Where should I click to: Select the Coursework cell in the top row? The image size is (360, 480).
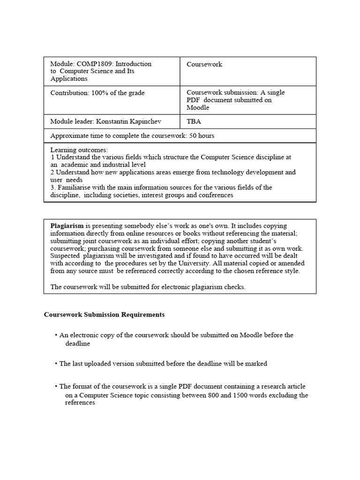click(204, 64)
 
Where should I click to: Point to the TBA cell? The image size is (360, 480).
click(194, 121)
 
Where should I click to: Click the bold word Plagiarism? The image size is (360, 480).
click(67, 225)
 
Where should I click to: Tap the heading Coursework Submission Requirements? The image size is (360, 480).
click(104, 315)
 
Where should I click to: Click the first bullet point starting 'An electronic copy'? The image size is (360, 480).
click(56, 335)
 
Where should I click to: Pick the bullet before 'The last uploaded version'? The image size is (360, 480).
click(56, 364)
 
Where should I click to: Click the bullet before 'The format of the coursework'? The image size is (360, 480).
click(56, 387)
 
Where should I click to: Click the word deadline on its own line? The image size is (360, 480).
click(77, 343)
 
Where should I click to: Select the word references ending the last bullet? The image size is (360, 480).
click(80, 403)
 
